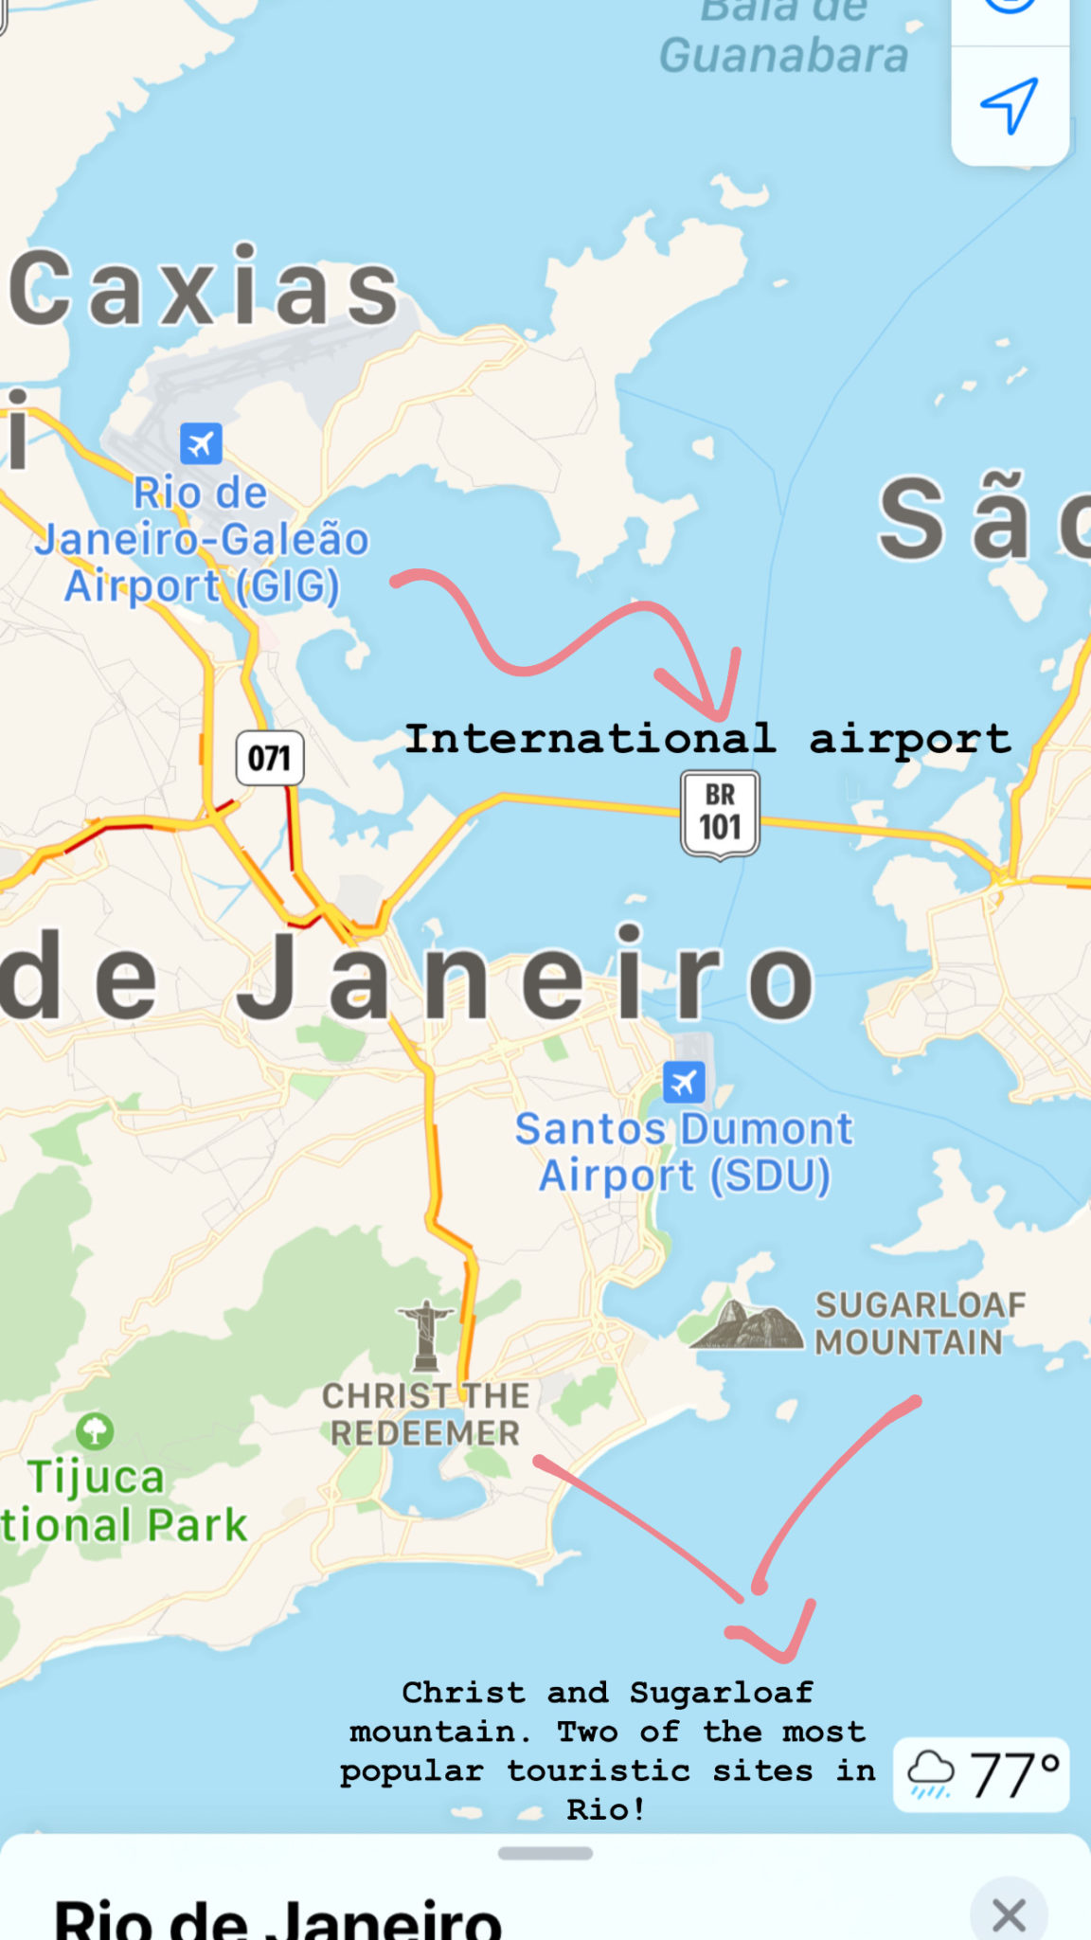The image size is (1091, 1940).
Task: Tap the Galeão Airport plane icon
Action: click(201, 443)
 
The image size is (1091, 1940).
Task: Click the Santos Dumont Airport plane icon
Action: click(684, 1082)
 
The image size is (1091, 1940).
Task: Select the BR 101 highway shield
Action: click(720, 814)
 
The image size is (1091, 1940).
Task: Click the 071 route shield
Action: click(270, 758)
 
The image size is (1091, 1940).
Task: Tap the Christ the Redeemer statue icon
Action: click(426, 1336)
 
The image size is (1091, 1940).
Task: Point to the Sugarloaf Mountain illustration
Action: click(748, 1324)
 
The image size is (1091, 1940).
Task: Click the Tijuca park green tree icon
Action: click(95, 1431)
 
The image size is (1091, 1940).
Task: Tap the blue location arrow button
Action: click(1010, 104)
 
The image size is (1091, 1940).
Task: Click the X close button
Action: click(1009, 1915)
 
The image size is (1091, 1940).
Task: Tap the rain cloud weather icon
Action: click(931, 1774)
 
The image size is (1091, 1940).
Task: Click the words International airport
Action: click(707, 739)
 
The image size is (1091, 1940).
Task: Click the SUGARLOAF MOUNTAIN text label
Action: click(919, 1323)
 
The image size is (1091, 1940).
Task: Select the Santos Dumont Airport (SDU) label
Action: click(684, 1152)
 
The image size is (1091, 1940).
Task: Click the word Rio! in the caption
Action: click(606, 1809)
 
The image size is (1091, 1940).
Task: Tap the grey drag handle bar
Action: click(545, 1853)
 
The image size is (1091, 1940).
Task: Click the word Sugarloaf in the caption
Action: click(722, 1692)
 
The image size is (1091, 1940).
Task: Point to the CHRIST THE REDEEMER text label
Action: click(424, 1414)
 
